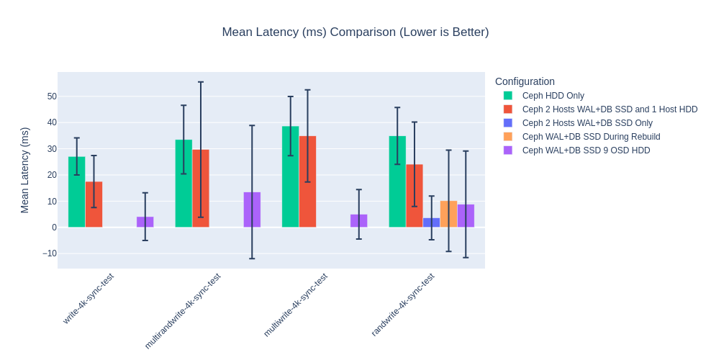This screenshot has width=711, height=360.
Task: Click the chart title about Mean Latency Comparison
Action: point(355,32)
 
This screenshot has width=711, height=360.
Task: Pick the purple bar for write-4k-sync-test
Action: point(145,222)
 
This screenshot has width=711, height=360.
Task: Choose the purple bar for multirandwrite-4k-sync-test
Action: point(252,210)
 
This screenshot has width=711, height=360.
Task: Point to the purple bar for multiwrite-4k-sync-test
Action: point(359,221)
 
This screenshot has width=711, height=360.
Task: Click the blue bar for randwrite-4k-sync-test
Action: point(432,222)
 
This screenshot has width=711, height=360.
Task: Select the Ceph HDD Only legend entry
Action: point(553,96)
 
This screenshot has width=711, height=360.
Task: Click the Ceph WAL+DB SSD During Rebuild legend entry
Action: point(591,137)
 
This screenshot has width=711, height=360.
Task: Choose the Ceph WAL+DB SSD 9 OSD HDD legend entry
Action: point(586,150)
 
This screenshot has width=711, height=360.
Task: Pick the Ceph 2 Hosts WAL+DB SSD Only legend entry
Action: point(587,123)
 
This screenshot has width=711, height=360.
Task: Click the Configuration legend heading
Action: point(525,82)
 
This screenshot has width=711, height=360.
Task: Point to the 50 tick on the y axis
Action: point(52,96)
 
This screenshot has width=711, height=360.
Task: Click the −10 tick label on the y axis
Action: point(49,253)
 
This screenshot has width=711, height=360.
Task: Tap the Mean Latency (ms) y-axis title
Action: point(24,170)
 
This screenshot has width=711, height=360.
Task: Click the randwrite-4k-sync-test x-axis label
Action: point(404,304)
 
